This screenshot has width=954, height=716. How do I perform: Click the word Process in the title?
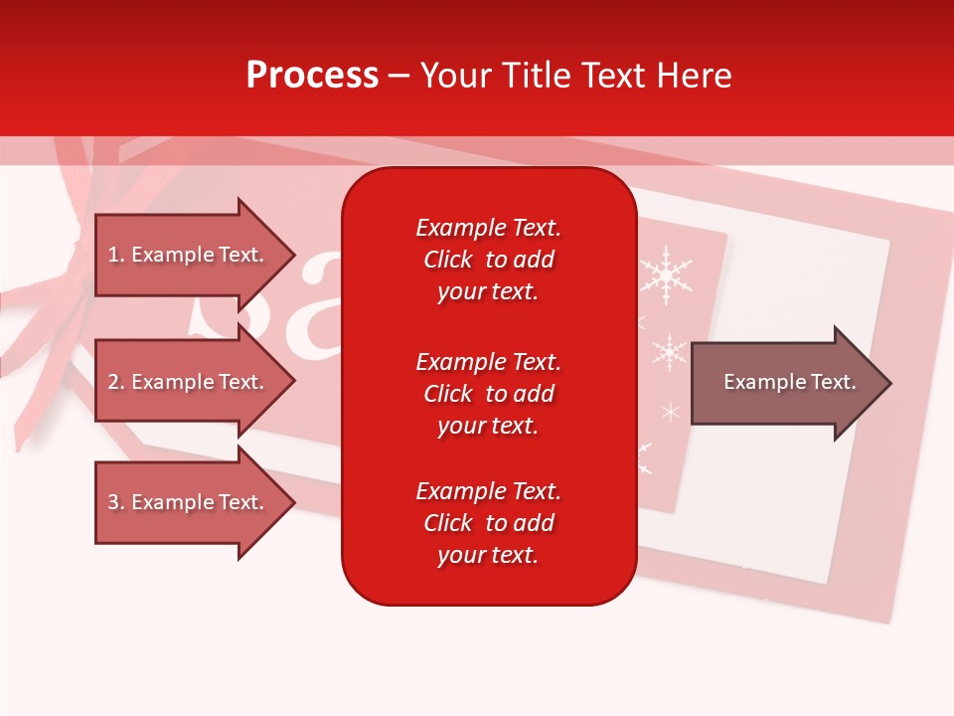pos(312,76)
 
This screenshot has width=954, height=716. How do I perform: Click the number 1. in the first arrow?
pos(116,255)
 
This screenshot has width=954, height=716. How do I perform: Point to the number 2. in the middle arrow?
pos(116,382)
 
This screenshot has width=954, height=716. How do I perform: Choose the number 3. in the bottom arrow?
pos(116,502)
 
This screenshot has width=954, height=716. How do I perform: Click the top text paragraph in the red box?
pos(488,260)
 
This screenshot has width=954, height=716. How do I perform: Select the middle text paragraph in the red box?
pos(488,394)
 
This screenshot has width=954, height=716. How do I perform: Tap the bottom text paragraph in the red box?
pos(488,523)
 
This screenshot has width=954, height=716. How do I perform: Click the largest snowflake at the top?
pos(665,273)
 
